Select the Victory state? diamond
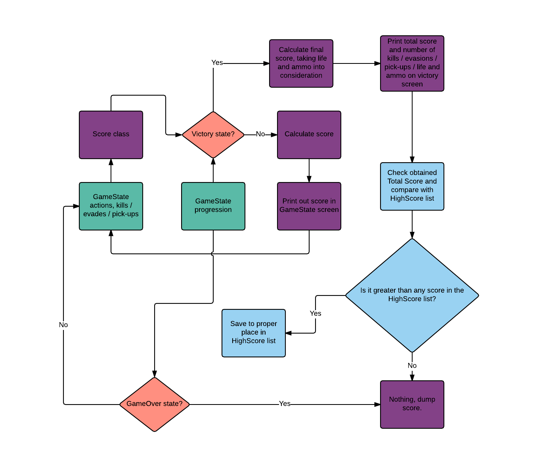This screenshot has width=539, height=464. pos(213,134)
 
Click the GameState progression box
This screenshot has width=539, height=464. pos(213,206)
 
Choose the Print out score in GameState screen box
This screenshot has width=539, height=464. pos(309,206)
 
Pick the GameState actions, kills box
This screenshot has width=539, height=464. pos(111,206)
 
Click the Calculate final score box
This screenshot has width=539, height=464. pos(301,63)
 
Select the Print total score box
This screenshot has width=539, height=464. pos(412,63)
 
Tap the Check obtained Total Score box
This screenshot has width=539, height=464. pos(412,186)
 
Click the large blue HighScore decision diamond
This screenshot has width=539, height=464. pos(412,295)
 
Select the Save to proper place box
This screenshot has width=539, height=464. pos(254,333)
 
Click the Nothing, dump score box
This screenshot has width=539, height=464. pos(412,404)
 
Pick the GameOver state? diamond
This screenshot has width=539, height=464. pos(155,404)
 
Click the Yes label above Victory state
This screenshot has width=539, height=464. pos(217,63)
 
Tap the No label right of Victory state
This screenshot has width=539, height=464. pos(260,134)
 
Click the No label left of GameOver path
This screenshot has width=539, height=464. pos(63,325)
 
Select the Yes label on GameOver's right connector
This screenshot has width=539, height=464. pos(285,404)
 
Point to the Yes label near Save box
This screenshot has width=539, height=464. pos(315,313)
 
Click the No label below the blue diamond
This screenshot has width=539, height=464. pos(412,366)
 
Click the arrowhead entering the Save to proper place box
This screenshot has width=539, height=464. pos(289,333)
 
